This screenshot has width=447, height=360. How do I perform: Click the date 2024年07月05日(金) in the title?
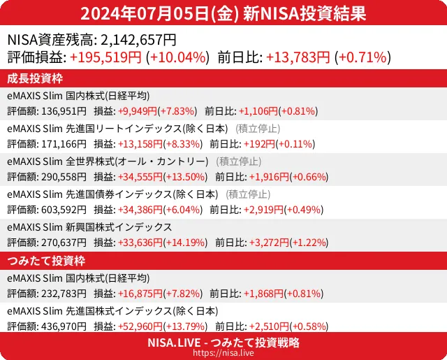(x=161, y=13)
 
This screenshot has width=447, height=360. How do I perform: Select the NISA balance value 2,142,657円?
(x=138, y=41)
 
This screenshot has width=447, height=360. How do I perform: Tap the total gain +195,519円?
(x=106, y=57)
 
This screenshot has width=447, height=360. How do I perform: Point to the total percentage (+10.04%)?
(x=177, y=57)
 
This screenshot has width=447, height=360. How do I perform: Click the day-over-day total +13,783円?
(x=298, y=57)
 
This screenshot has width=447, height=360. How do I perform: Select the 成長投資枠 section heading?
(x=34, y=78)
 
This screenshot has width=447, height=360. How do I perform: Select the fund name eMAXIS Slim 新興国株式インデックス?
(x=89, y=226)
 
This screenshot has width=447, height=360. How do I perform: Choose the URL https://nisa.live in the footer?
(x=223, y=354)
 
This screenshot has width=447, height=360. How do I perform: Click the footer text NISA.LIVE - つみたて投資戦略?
(x=223, y=343)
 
